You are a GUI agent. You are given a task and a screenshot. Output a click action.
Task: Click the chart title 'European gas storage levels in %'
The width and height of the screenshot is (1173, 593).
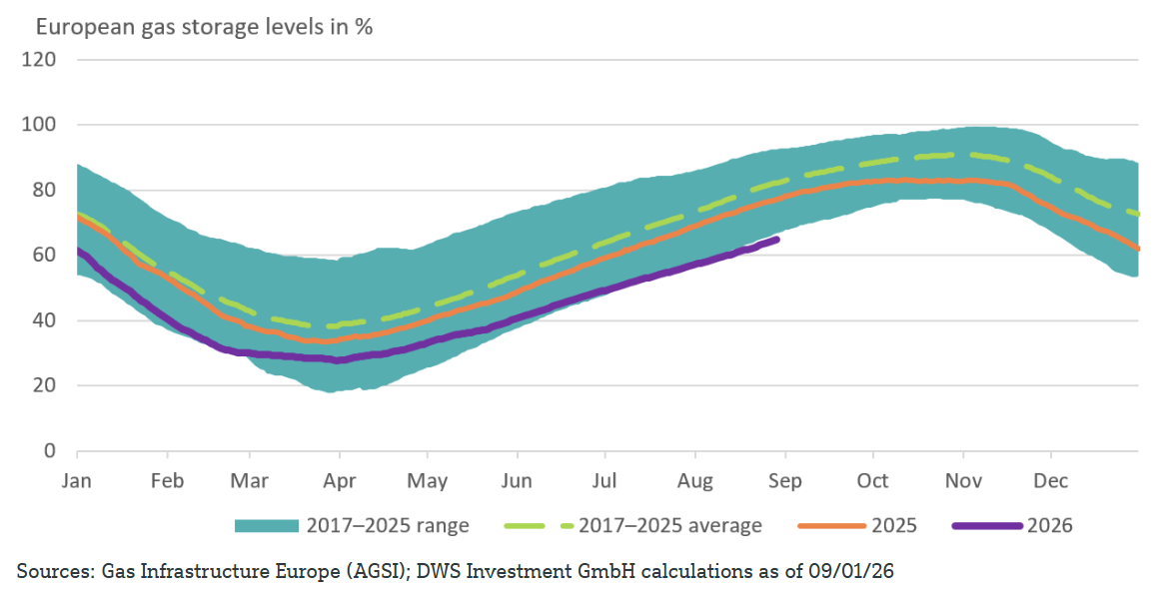coord(204,27)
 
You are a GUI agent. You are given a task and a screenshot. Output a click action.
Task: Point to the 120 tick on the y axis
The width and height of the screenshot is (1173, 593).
coord(39,59)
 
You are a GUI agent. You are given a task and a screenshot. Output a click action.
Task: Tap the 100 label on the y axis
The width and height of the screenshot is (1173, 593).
coord(39,124)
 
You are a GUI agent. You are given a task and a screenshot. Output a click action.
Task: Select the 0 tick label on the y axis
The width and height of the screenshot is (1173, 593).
coord(49,450)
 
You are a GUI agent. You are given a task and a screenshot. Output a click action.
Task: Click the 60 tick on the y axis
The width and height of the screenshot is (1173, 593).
coord(44,255)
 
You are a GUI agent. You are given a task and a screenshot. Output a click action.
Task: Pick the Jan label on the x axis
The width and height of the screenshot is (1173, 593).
coord(76,481)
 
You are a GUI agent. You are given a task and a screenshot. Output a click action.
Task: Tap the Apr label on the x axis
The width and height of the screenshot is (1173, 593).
coord(339,481)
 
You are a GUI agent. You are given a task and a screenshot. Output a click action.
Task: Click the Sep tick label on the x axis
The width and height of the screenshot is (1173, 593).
coord(784,481)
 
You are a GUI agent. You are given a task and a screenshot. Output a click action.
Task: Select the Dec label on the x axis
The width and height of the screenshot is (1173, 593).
coord(1051,481)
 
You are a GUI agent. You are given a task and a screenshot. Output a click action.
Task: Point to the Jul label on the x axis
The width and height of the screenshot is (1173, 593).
coord(604,481)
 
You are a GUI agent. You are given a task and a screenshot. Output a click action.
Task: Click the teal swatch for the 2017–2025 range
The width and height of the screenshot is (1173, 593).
coord(267,526)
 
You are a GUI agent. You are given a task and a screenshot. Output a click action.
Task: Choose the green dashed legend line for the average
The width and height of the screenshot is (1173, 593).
coord(538,526)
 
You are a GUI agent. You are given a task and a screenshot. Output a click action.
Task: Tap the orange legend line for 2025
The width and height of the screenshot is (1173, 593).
coord(831,526)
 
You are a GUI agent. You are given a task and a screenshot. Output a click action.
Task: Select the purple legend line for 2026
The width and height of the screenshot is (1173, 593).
coord(987,526)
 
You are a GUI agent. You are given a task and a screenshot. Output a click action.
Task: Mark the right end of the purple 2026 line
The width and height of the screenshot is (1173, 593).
coord(778,240)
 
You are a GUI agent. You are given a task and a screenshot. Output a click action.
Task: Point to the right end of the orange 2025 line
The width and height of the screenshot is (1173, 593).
coord(1138,249)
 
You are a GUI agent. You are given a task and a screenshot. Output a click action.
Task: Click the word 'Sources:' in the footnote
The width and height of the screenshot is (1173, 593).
coord(52,572)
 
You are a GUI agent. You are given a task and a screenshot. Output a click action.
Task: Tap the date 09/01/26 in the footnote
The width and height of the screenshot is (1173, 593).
coord(852,572)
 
